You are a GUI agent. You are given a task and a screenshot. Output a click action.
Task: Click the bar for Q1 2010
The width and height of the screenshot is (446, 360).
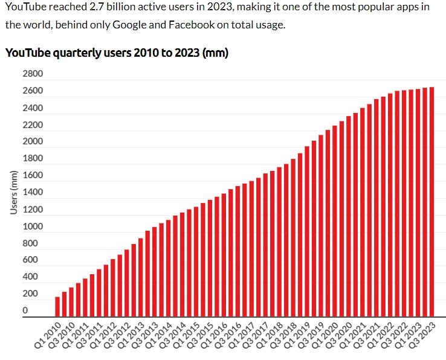point(57,306)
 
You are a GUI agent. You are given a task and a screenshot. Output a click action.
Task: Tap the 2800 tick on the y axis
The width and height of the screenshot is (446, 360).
point(33,74)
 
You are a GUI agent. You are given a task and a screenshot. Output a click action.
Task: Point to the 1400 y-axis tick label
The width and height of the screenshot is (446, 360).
point(33,192)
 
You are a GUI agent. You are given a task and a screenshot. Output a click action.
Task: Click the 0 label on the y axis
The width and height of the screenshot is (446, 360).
point(25,310)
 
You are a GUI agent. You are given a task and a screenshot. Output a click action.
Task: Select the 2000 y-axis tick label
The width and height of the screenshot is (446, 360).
point(33,141)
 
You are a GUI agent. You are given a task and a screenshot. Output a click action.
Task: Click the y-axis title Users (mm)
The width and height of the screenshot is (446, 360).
point(13,192)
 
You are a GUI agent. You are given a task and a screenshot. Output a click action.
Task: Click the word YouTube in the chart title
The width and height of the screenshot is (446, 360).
point(27,53)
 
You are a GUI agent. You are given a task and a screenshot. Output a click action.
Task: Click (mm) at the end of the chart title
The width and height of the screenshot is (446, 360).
point(215,53)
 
